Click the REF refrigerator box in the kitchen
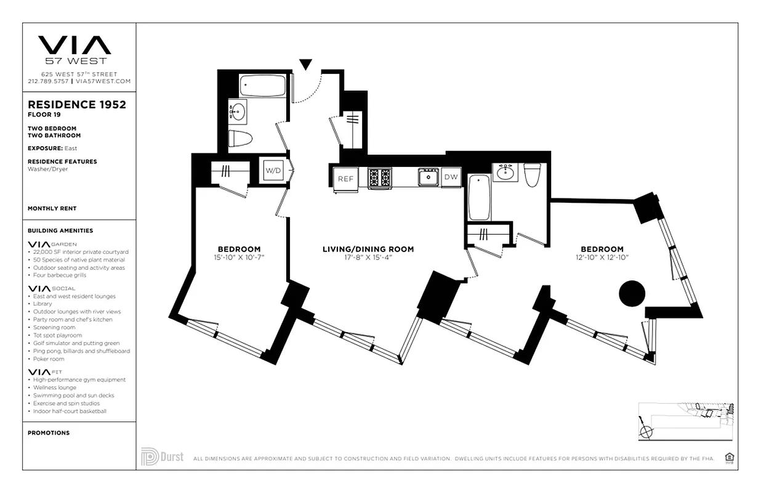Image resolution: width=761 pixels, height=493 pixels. click(345, 179)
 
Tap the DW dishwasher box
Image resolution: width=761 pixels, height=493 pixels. click(451, 177)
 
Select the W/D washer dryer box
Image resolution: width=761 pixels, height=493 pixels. click(273, 169)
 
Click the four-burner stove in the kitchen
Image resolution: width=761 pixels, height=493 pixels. click(380, 177)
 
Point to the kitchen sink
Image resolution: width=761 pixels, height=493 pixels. click(427, 177)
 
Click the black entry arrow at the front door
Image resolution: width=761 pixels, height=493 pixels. click(306, 64)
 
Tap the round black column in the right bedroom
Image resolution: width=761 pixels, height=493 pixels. click(631, 293)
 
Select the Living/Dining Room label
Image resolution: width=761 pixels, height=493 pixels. click(368, 250)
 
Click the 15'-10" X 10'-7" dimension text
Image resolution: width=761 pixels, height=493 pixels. click(239, 257)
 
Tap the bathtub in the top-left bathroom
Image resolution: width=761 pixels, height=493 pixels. click(262, 86)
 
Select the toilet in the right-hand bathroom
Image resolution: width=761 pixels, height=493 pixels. click(532, 174)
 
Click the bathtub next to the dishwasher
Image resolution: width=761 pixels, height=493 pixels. click(479, 197)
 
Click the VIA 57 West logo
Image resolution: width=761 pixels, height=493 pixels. click(75, 49)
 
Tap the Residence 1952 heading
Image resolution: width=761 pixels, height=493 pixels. click(77, 105)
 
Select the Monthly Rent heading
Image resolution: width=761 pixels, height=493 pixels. click(52, 209)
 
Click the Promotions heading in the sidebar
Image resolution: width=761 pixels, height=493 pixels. click(48, 433)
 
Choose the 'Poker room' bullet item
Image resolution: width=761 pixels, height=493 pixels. click(49, 359)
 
